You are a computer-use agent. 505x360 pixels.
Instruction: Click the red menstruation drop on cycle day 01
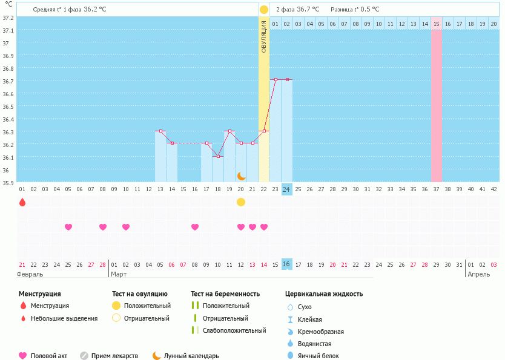(x=22, y=202)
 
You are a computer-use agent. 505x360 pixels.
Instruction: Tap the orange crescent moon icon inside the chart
(x=241, y=175)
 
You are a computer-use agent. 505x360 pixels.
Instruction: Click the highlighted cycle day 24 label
(x=287, y=189)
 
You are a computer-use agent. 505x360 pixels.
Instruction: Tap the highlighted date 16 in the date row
(x=287, y=264)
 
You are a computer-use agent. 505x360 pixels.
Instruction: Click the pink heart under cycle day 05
(x=68, y=227)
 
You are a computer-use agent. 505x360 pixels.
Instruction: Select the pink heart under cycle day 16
(x=195, y=227)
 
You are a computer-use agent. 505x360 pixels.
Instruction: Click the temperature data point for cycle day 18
(x=218, y=156)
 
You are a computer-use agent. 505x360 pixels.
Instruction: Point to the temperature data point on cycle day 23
(x=276, y=79)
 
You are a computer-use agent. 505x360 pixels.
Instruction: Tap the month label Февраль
(x=30, y=274)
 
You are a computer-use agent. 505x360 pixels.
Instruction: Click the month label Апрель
(x=478, y=274)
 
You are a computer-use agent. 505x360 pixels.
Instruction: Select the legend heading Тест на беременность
(x=225, y=294)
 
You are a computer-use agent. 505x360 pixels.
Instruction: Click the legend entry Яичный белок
(x=319, y=356)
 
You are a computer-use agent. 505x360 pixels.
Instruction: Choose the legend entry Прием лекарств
(x=114, y=356)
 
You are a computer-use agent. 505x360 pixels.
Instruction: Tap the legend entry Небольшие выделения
(x=64, y=318)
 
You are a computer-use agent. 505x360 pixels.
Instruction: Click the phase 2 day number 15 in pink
(x=436, y=24)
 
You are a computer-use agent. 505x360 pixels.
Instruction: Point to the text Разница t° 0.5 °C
(x=355, y=10)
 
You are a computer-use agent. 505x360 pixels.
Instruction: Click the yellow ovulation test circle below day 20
(x=241, y=202)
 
